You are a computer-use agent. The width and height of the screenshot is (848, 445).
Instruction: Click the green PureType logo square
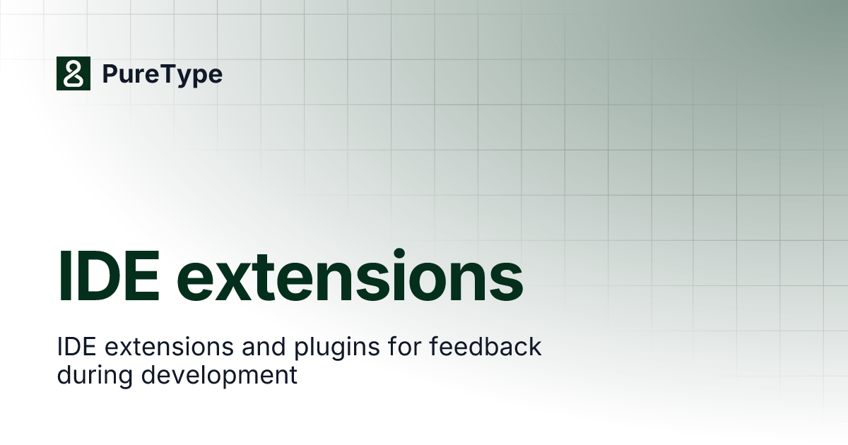[73, 73]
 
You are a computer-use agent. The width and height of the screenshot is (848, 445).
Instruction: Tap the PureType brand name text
[163, 74]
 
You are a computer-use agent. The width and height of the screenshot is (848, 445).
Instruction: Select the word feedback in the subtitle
[469, 347]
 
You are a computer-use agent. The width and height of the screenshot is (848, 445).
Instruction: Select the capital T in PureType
[167, 73]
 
